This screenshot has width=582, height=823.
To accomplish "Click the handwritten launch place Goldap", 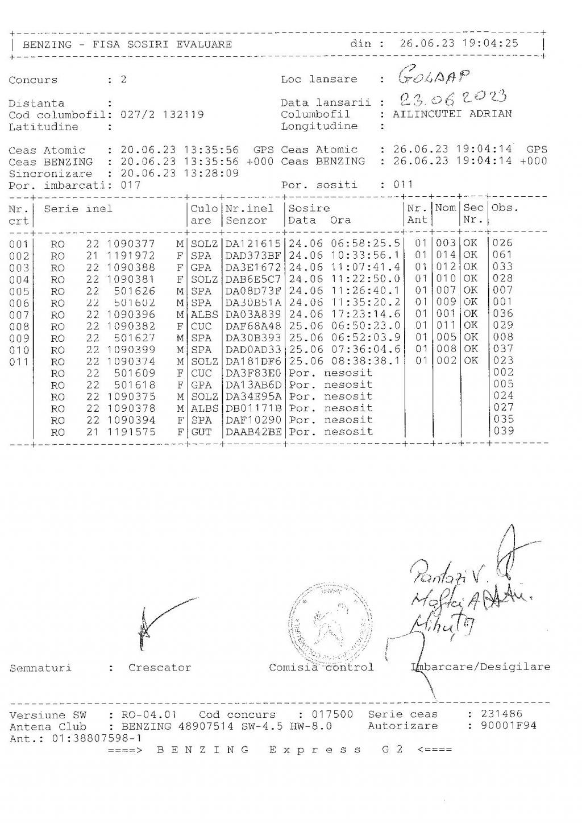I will (x=434, y=75).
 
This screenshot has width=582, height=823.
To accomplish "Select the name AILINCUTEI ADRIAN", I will (x=452, y=114).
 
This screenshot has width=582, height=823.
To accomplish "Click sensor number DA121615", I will (x=253, y=243).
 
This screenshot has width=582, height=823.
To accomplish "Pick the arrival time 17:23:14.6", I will (x=365, y=314).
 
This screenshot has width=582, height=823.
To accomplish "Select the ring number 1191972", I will (x=131, y=255).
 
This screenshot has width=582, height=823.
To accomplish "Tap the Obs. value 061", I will (x=502, y=255).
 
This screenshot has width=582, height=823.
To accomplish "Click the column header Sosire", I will (x=309, y=209).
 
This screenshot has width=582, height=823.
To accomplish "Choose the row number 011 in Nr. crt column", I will (x=19, y=362).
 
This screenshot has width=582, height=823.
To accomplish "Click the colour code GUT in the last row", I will (x=201, y=432).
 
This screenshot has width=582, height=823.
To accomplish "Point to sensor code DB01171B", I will (x=253, y=408).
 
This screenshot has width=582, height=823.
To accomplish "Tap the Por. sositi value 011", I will (x=403, y=185).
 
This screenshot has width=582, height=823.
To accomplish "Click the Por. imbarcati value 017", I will (x=130, y=185).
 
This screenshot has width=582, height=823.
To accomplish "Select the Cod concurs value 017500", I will (x=331, y=714).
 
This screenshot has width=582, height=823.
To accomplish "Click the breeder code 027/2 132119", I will (x=162, y=114).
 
